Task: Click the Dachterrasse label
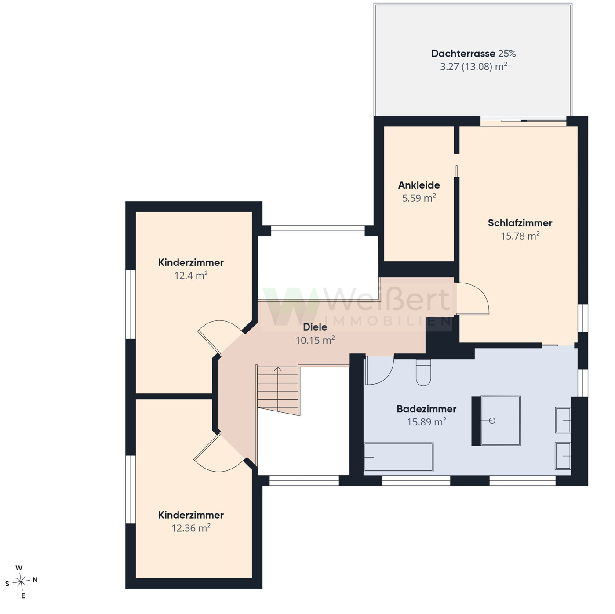coord(463,53)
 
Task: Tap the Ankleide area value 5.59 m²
coord(419,198)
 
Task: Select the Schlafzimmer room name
coord(520,223)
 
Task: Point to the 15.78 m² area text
coord(520,236)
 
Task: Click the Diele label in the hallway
coord(315,327)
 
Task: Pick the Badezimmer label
coord(426,409)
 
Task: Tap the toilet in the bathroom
coord(423,372)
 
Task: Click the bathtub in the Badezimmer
coord(399,457)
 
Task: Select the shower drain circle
coord(492,421)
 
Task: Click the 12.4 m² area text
coord(191,276)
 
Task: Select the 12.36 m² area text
coord(191,528)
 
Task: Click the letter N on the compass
coord(35,580)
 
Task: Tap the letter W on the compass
coord(19,568)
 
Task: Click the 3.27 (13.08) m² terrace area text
coord(473,66)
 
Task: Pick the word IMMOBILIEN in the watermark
coord(388,321)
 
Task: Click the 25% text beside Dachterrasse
coord(507,53)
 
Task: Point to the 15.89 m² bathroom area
coord(426,422)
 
